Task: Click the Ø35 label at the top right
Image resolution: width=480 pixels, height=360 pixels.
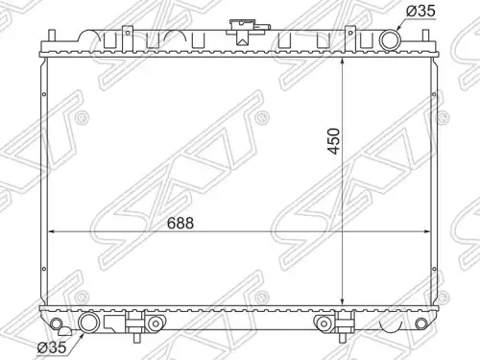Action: coord(420,11)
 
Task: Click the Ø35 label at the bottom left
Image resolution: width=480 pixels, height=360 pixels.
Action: coord(52,348)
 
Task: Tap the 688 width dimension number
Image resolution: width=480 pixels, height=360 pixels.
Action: coord(180,223)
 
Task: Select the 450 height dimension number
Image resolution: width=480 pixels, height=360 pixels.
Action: coord(334,141)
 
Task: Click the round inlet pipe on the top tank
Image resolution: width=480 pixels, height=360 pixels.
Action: coord(390,39)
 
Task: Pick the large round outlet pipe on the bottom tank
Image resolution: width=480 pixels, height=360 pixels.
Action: coord(89,323)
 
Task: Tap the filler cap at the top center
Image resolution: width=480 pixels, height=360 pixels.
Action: coord(242,31)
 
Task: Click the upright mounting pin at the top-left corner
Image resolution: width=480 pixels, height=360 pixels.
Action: coord(52,36)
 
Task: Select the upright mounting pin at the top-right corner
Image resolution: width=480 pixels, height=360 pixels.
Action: coord(425,36)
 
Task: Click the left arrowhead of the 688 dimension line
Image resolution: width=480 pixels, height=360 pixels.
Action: coord(52,231)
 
